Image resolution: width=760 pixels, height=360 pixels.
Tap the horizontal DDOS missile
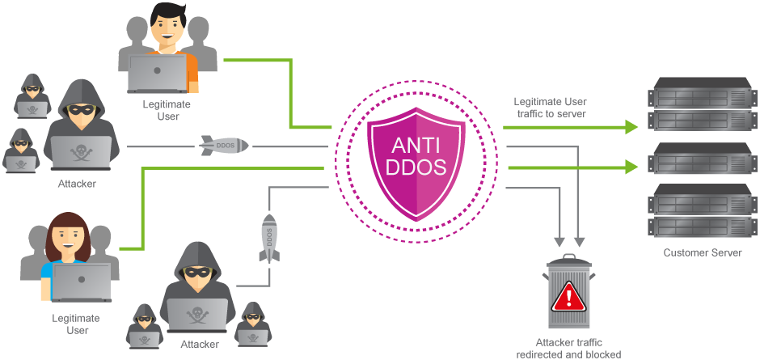point(224,146)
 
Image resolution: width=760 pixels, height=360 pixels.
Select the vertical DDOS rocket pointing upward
point(268,238)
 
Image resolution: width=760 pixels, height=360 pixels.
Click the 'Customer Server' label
point(702,252)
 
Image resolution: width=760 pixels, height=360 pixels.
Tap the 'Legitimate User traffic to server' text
point(550,108)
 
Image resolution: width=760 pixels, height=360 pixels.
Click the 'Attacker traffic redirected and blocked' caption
point(569,349)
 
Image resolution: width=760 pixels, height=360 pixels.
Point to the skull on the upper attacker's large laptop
point(80,150)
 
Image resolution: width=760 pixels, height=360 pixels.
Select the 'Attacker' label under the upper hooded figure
point(77,184)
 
